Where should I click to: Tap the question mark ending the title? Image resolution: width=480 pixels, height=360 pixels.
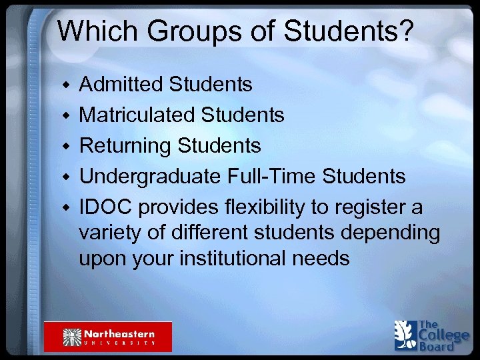[x=407, y=31]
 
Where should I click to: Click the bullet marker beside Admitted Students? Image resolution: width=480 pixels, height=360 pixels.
[x=65, y=86]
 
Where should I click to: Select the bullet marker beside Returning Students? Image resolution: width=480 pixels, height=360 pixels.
[x=65, y=147]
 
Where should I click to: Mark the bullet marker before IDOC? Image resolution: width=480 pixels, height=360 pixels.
[x=65, y=208]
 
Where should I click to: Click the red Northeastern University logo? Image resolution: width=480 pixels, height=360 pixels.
[x=108, y=336]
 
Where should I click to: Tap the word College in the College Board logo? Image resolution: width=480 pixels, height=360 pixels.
[x=443, y=335]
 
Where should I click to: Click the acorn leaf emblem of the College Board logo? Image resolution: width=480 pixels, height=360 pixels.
[x=404, y=335]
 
